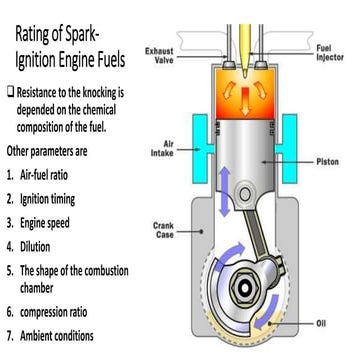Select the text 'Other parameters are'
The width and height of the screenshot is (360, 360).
(x=60, y=154)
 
